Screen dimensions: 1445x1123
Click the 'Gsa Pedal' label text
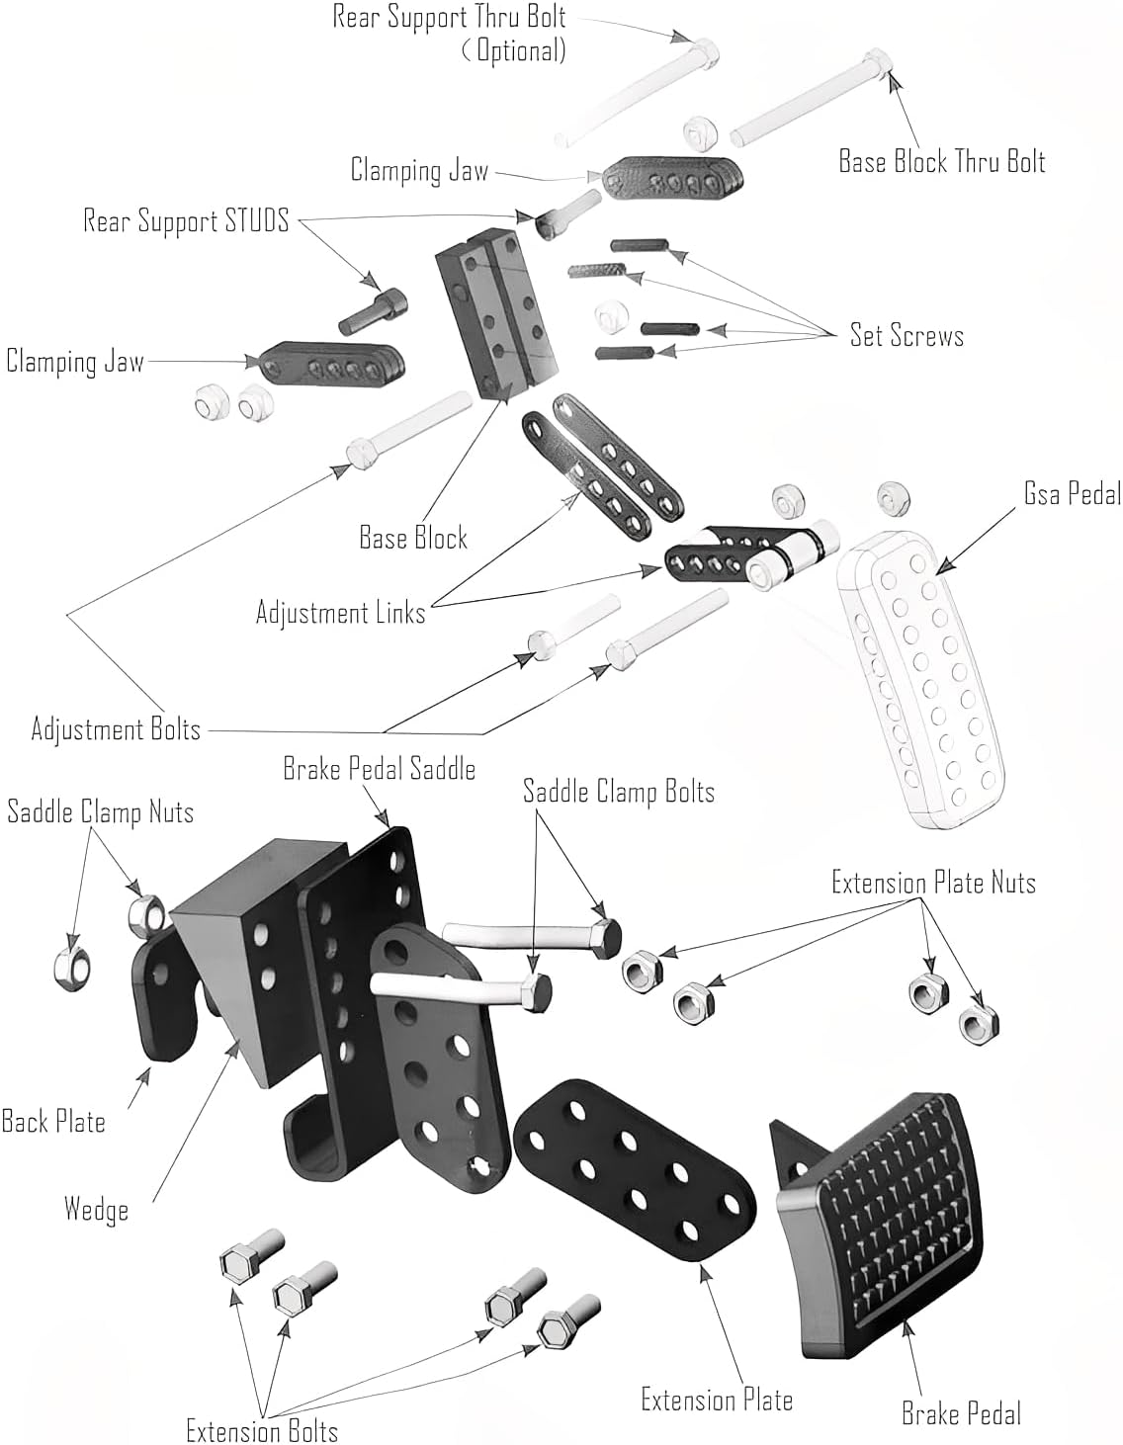[x=1072, y=494]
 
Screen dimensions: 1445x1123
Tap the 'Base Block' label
[x=413, y=538]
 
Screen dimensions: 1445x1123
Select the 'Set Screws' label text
[x=907, y=336]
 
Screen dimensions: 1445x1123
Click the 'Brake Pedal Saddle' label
[x=379, y=769]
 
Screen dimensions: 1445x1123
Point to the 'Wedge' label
[x=96, y=1209]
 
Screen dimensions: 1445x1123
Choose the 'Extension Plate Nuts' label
[x=933, y=882]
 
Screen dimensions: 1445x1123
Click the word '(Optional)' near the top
[x=514, y=49]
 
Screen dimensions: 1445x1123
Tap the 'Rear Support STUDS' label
[x=186, y=220]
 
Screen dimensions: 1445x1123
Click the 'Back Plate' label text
[x=53, y=1122]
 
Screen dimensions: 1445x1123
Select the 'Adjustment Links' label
[x=340, y=613]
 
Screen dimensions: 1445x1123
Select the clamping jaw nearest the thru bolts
[x=672, y=178]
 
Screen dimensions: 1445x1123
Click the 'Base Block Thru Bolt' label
[x=941, y=162]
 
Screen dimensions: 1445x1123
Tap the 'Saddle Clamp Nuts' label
[x=100, y=812]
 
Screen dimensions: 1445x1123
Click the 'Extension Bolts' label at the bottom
[x=262, y=1430]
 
